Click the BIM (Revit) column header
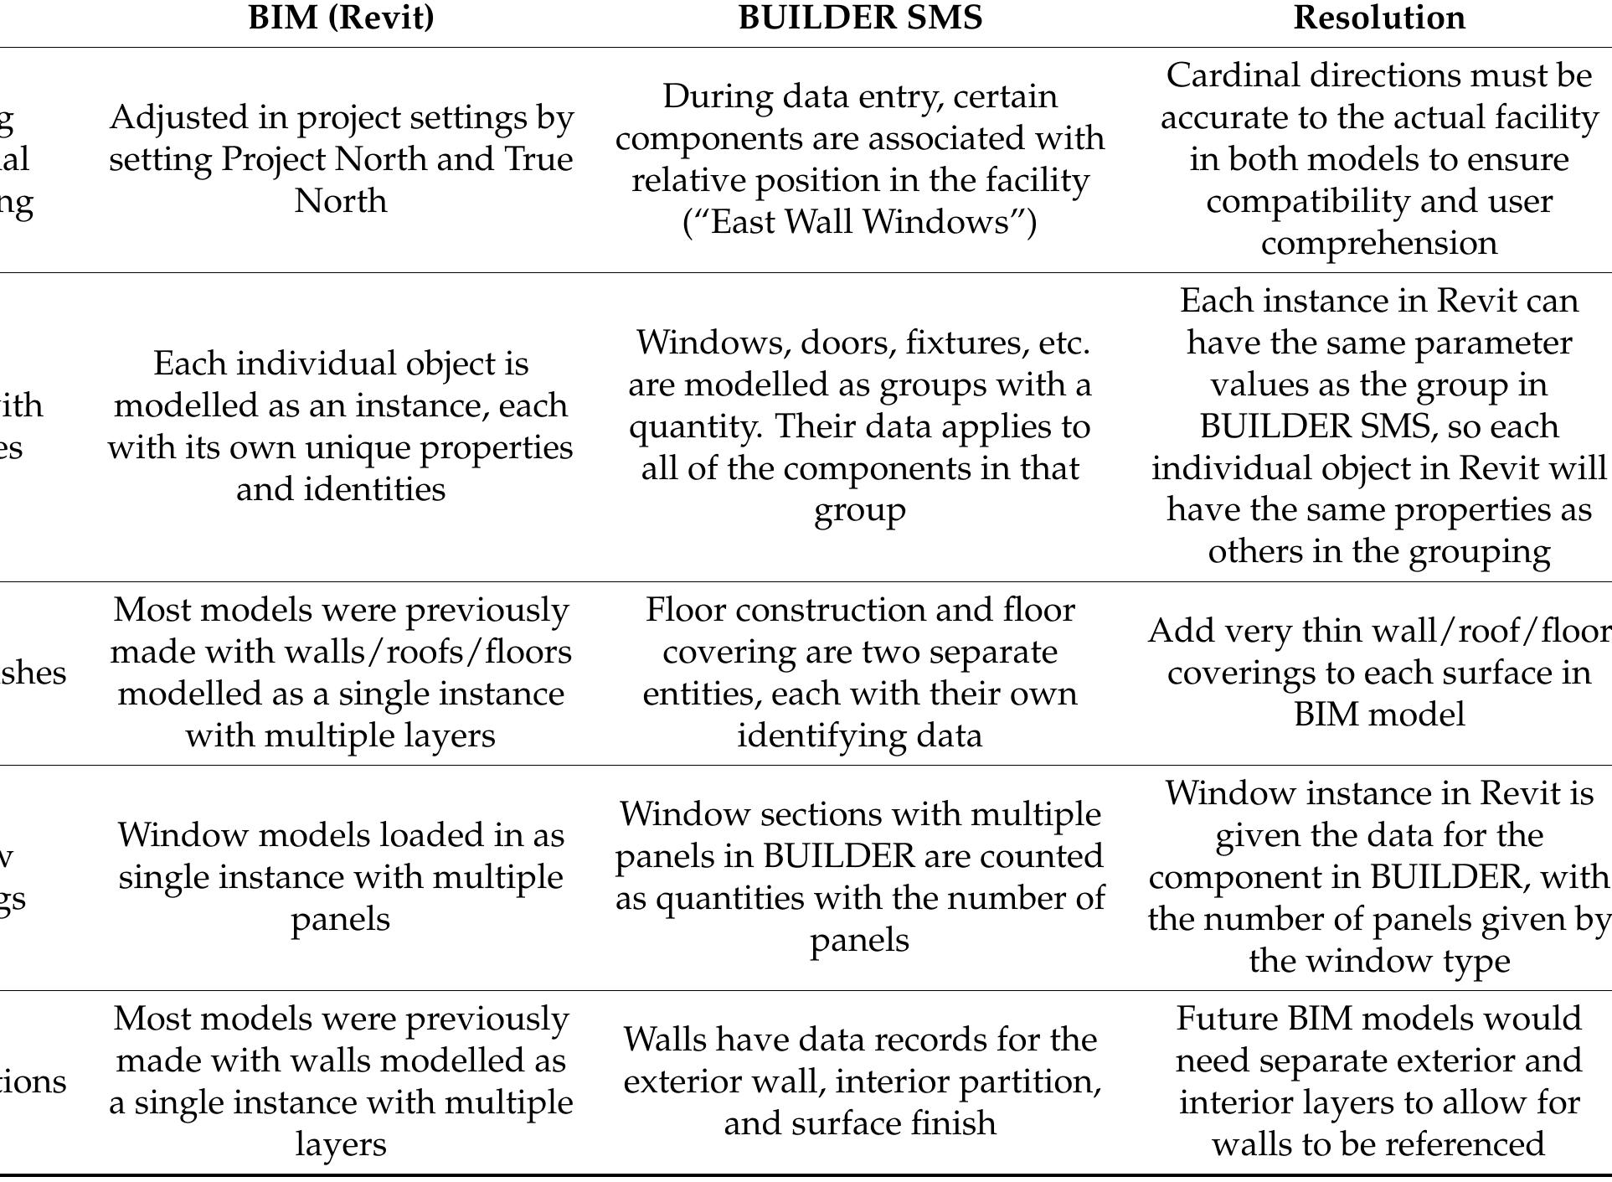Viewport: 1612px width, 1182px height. pyautogui.click(x=341, y=18)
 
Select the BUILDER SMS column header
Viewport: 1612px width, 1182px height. pyautogui.click(x=860, y=18)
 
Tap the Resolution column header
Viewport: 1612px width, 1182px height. pyautogui.click(x=1379, y=18)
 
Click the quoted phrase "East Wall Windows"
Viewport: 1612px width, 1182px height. pyautogui.click(x=860, y=223)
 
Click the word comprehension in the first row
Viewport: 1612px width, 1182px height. pyautogui.click(x=1379, y=244)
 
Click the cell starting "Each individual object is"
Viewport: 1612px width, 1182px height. pyautogui.click(x=341, y=426)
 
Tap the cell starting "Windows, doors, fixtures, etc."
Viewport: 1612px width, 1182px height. pyautogui.click(x=860, y=426)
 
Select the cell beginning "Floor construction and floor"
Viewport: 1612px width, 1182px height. pyautogui.click(x=860, y=673)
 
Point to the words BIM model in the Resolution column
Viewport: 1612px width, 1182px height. pyautogui.click(x=1379, y=715)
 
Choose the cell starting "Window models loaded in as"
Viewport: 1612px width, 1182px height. pyautogui.click(x=341, y=877)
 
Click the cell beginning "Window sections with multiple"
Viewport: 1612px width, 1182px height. pyautogui.click(x=860, y=877)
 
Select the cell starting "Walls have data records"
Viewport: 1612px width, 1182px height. pyautogui.click(x=860, y=1081)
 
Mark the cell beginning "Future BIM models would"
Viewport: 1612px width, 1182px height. pyautogui.click(x=1379, y=1081)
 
